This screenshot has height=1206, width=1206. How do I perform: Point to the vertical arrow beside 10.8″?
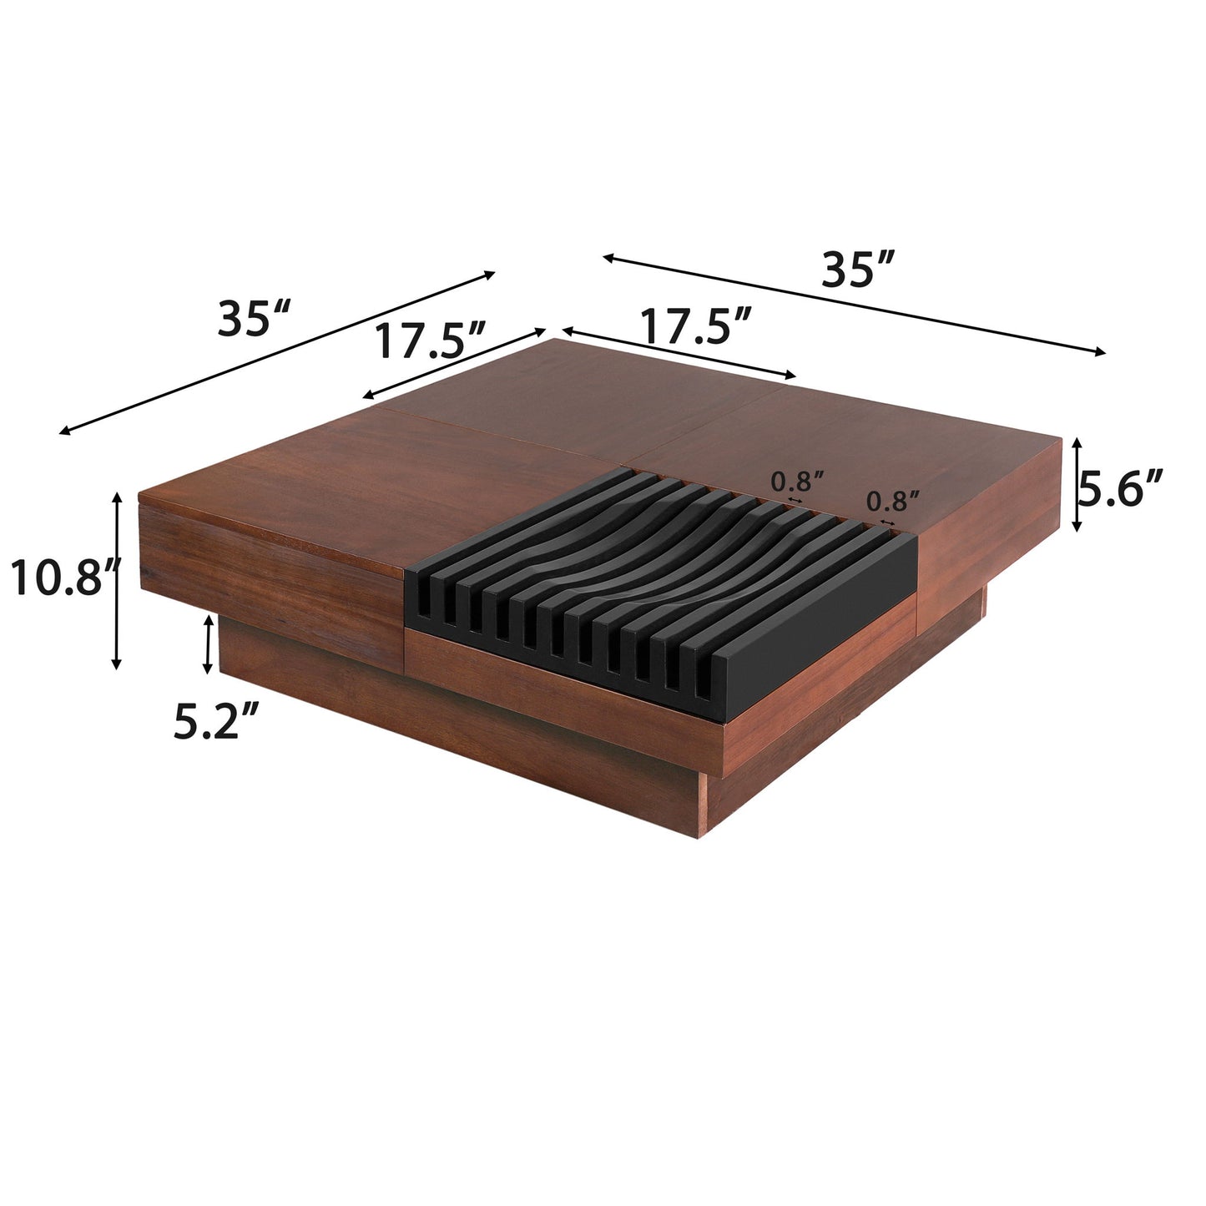117,580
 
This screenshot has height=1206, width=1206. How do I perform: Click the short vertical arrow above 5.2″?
208,644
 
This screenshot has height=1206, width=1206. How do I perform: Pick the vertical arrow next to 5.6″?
1077,485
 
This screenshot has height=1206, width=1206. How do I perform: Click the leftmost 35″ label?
254,319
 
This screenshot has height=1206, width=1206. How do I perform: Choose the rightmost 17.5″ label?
696,325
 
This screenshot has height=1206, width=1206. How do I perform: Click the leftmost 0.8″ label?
797,482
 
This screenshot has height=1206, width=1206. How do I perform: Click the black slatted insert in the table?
659,584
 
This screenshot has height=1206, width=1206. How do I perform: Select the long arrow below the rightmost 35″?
855,305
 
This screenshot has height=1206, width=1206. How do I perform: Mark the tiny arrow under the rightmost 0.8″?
888,522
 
